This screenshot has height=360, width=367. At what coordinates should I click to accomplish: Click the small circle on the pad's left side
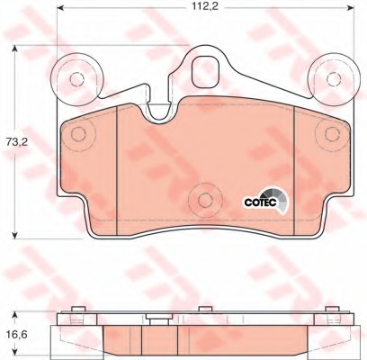[x=77, y=135]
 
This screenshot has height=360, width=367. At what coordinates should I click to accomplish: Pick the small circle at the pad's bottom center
[x=204, y=199]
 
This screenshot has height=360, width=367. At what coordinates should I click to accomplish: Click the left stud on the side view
[x=77, y=315]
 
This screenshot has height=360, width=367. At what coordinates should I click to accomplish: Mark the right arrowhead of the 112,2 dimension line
[x=351, y=19]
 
